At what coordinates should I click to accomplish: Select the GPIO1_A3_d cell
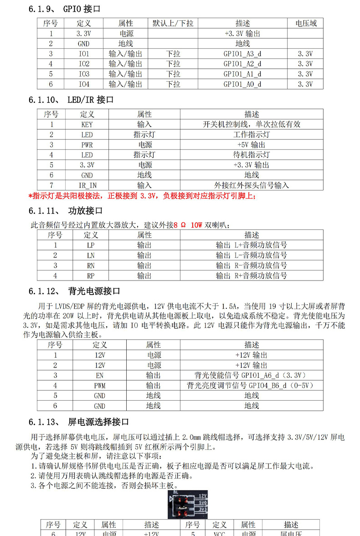(242, 54)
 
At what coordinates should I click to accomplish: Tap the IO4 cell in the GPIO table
(84, 84)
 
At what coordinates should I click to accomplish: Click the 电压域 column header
(306, 23)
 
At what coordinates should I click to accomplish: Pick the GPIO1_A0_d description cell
(242, 84)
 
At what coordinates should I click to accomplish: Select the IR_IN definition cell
(87, 185)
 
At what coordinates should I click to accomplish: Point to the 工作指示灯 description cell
(251, 134)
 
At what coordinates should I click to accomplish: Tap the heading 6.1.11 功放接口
(66, 211)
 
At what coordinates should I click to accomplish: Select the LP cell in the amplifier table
(91, 245)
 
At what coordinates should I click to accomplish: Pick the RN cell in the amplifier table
(91, 265)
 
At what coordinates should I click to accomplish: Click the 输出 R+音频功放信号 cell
(251, 276)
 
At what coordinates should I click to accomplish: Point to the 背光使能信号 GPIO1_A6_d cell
(251, 375)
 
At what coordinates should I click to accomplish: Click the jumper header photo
(188, 505)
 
